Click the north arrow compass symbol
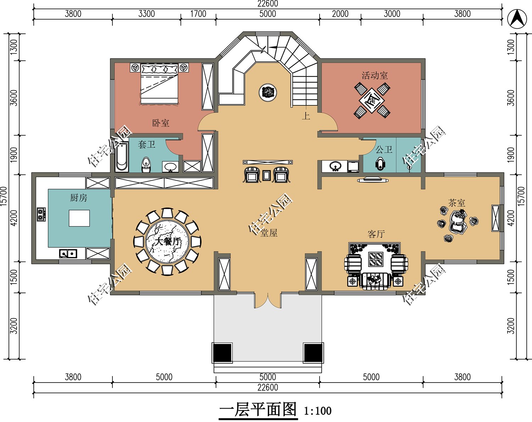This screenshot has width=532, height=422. point(517,18)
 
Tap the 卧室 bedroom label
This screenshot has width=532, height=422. point(161,123)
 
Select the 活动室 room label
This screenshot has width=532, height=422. point(375,76)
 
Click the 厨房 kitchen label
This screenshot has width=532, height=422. point(79,198)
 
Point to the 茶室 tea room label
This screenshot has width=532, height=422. point(456,203)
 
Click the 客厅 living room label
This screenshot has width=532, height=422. point(376,234)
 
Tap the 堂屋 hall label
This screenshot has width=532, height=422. point(269,233)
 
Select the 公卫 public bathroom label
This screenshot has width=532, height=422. point(384,150)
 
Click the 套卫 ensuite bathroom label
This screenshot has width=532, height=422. point(146,144)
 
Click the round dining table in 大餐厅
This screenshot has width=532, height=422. point(167,242)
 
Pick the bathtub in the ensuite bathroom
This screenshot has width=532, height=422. point(122,157)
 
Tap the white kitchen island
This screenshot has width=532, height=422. point(79,218)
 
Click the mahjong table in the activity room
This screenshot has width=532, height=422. point(372,100)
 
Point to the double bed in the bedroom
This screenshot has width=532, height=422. point(159,84)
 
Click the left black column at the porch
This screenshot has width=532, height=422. point(222,352)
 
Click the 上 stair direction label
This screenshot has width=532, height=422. point(306,116)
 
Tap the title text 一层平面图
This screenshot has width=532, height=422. point(258,410)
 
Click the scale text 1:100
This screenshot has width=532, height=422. point(318,411)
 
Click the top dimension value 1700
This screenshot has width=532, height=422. point(198,14)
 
